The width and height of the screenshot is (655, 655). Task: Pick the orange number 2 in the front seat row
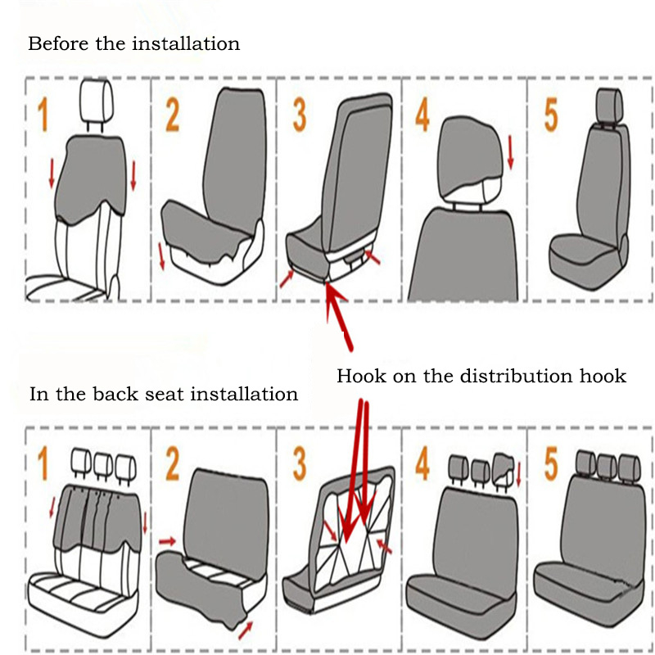172,115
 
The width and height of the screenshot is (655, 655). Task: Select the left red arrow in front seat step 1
51,172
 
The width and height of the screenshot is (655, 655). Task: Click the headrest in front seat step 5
610,103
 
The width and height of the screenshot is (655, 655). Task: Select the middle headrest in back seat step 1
103,464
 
